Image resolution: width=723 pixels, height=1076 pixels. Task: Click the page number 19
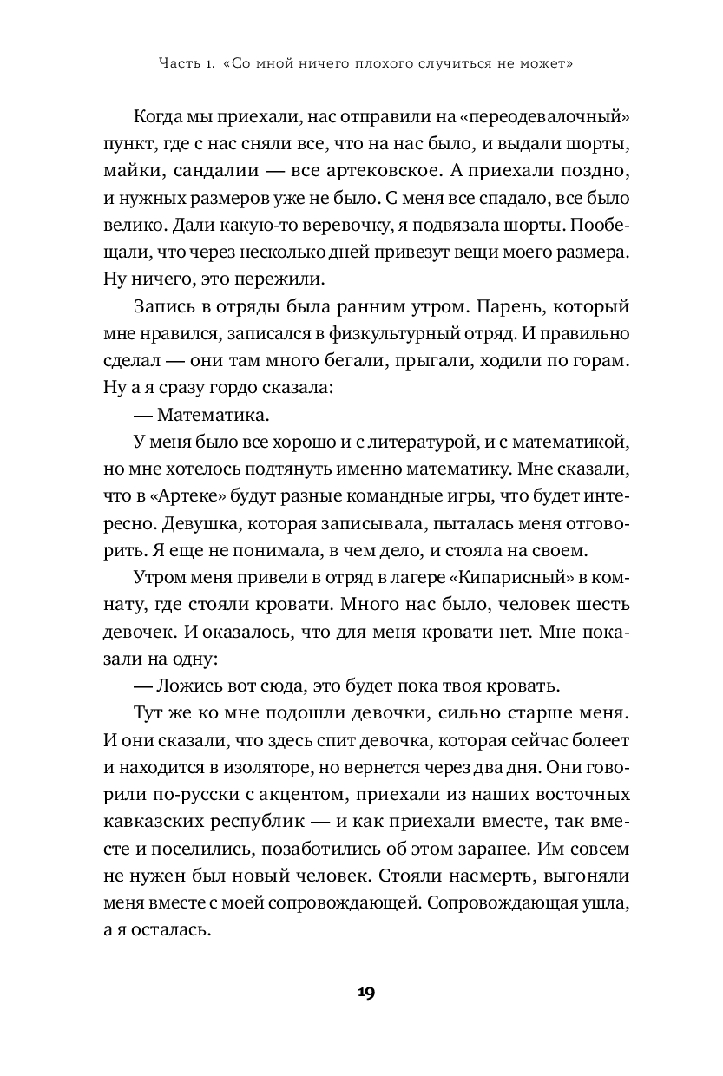[365, 993]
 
